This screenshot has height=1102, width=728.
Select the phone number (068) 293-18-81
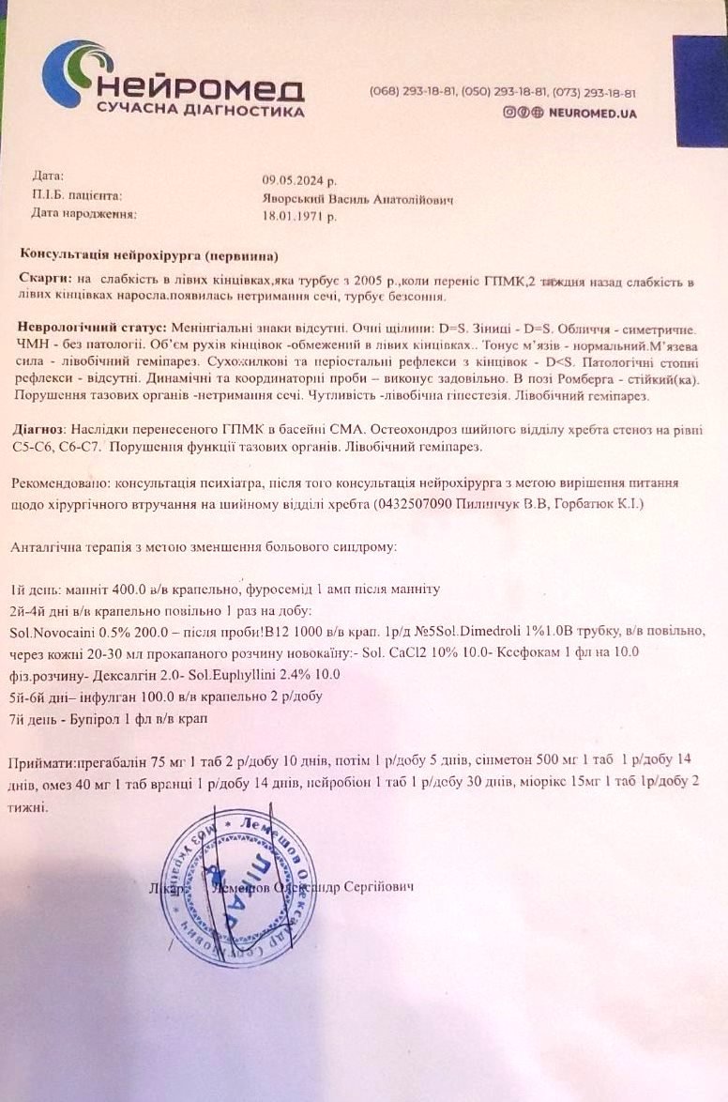coord(413,93)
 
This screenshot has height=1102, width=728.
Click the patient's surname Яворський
coord(293,197)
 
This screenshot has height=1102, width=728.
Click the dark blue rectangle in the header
coord(700,92)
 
